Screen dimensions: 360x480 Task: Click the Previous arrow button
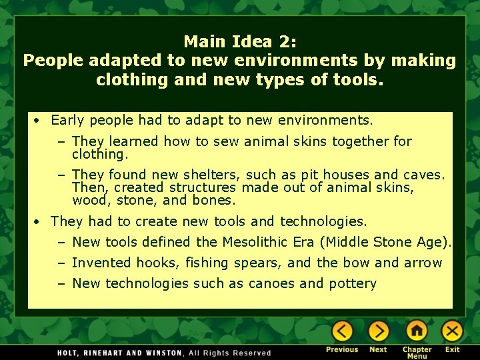click(x=342, y=331)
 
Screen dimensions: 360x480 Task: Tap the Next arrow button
click(x=378, y=331)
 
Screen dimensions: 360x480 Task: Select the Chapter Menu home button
click(x=417, y=331)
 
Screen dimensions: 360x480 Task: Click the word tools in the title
click(x=353, y=80)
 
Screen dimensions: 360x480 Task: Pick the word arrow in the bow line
click(x=422, y=263)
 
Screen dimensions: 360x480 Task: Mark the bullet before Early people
click(x=39, y=121)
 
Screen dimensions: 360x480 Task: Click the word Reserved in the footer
click(x=251, y=353)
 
